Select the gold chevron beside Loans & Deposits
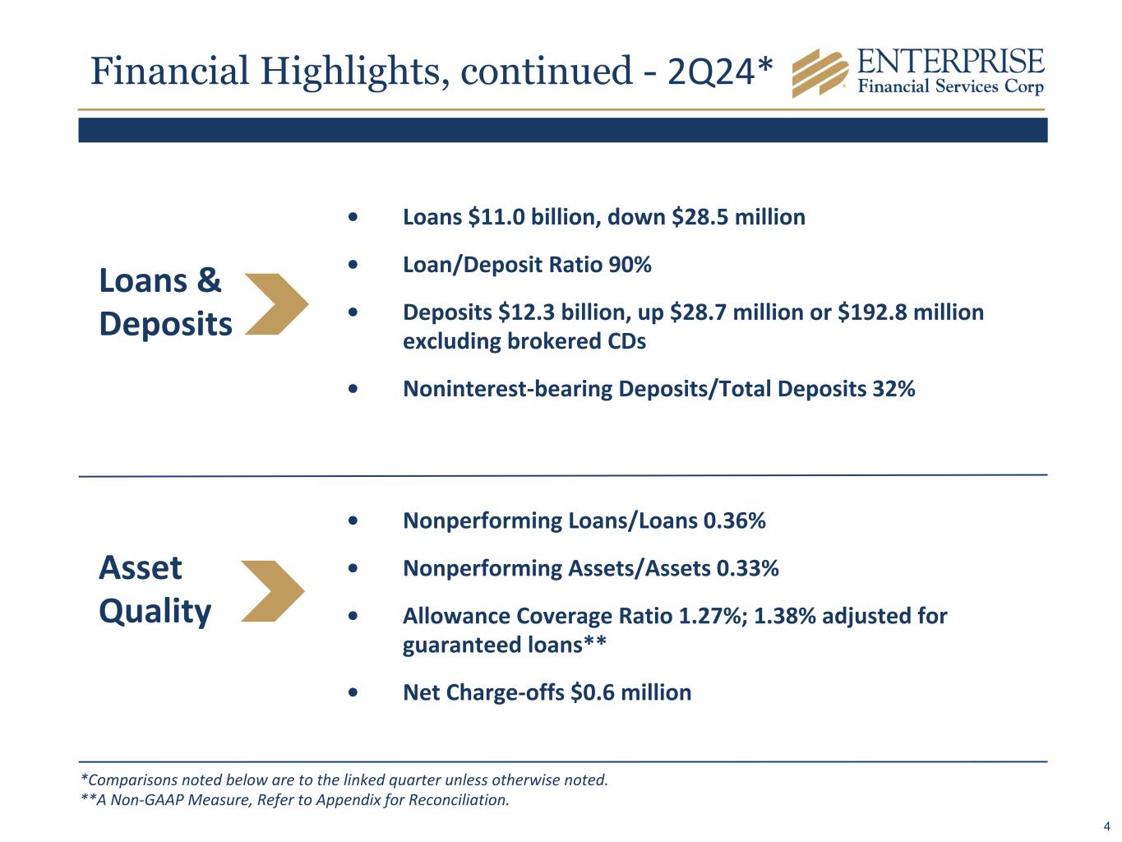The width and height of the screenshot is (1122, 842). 277,304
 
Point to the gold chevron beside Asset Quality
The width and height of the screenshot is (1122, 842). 273,591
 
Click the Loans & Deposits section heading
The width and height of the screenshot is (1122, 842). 165,303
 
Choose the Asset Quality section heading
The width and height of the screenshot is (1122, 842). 155,590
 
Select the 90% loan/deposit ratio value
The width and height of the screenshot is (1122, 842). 630,265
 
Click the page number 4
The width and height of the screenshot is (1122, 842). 1106,826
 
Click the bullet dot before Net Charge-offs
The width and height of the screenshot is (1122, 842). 353,692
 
